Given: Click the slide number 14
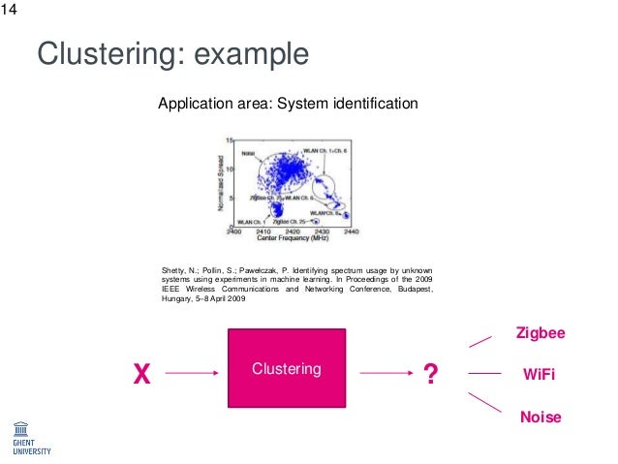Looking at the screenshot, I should point(9,11).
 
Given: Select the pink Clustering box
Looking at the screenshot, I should point(286,368).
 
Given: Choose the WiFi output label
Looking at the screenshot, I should point(541,373).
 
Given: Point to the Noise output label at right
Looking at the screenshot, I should point(541,417).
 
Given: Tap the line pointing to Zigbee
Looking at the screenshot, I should point(485,338).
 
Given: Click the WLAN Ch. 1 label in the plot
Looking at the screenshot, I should point(253,222).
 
